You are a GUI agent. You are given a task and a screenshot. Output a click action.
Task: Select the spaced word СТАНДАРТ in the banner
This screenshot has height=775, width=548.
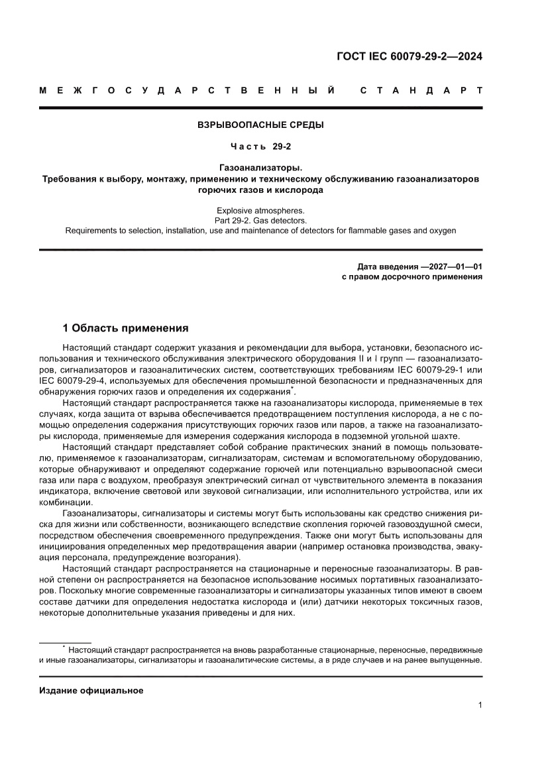click(x=420, y=89)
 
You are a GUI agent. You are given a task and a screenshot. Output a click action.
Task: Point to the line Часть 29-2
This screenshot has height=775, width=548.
click(x=260, y=146)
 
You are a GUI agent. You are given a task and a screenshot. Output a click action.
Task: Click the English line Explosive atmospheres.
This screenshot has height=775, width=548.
click(x=260, y=209)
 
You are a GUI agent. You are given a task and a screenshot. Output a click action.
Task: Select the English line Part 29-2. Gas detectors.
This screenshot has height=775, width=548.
click(x=260, y=219)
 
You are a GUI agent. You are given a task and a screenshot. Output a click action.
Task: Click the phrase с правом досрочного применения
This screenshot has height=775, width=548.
click(x=411, y=277)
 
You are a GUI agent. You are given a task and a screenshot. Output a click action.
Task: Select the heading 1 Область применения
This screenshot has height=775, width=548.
click(x=125, y=328)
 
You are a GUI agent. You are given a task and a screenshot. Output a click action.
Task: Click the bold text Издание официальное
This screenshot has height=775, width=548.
click(x=91, y=690)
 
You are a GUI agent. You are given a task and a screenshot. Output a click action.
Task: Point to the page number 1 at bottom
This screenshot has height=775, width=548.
click(x=479, y=705)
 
